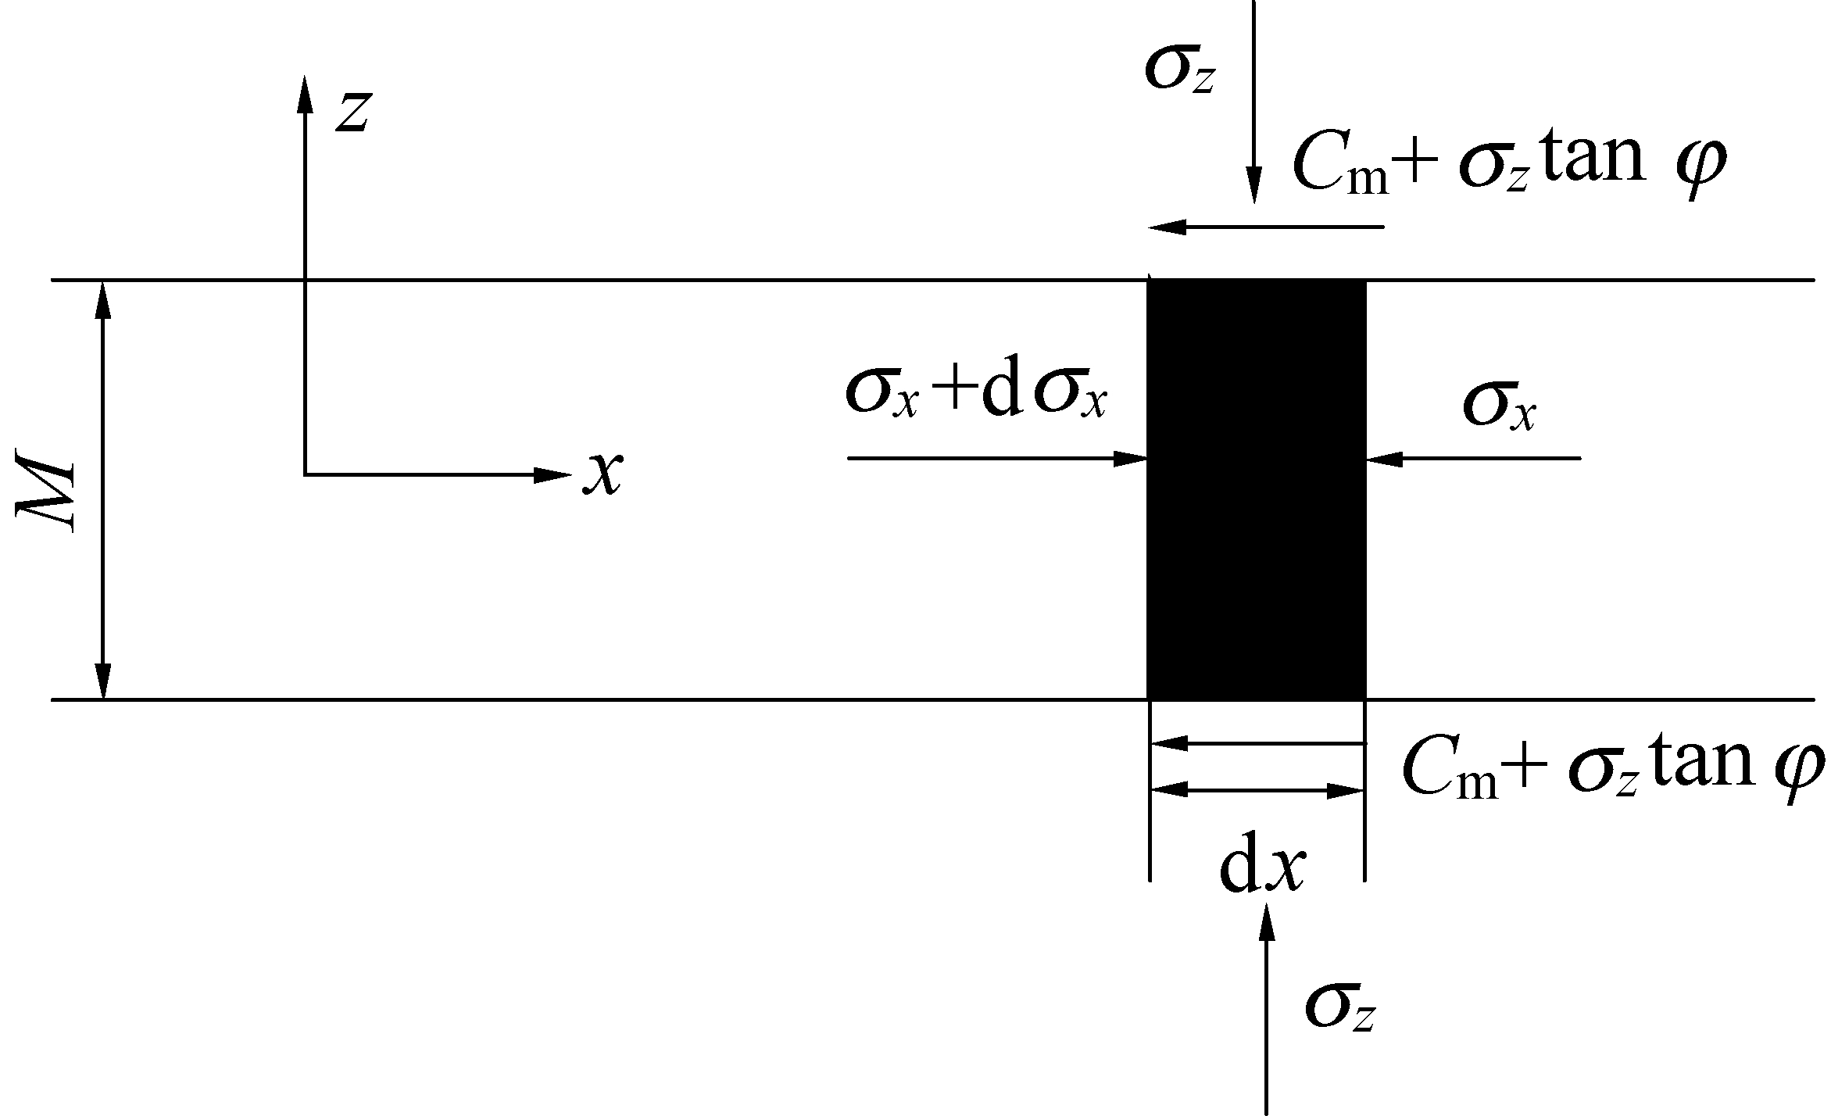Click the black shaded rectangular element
coord(1256,489)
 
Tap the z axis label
coord(352,112)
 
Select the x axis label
coord(603,474)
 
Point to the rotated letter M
coord(46,495)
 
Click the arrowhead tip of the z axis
coord(305,76)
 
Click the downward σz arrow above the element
coord(1254,102)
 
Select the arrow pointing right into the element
coord(997,459)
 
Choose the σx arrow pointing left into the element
coord(1473,459)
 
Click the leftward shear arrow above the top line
coord(1266,227)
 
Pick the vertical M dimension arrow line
coord(102,489)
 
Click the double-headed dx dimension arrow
coord(1257,791)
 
